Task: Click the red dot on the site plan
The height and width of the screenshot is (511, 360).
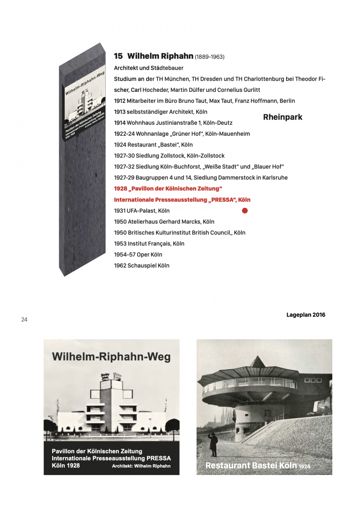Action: coord(245,211)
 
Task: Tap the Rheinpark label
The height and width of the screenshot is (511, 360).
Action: coord(282,117)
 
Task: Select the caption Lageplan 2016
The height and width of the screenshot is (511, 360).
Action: coord(306,315)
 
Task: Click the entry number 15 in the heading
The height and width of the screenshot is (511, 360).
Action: coord(118,56)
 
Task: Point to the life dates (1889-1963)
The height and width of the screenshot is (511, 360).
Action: coord(210,57)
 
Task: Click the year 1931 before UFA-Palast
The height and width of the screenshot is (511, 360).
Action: coord(120,211)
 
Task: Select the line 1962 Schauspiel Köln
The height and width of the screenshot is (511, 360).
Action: coord(142,266)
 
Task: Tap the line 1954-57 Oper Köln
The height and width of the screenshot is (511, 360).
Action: coord(138,255)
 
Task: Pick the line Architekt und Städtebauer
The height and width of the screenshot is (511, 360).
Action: coord(142,68)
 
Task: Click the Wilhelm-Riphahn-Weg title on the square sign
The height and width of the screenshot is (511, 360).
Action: coord(111,357)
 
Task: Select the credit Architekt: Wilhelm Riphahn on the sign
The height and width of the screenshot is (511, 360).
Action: coord(141,466)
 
